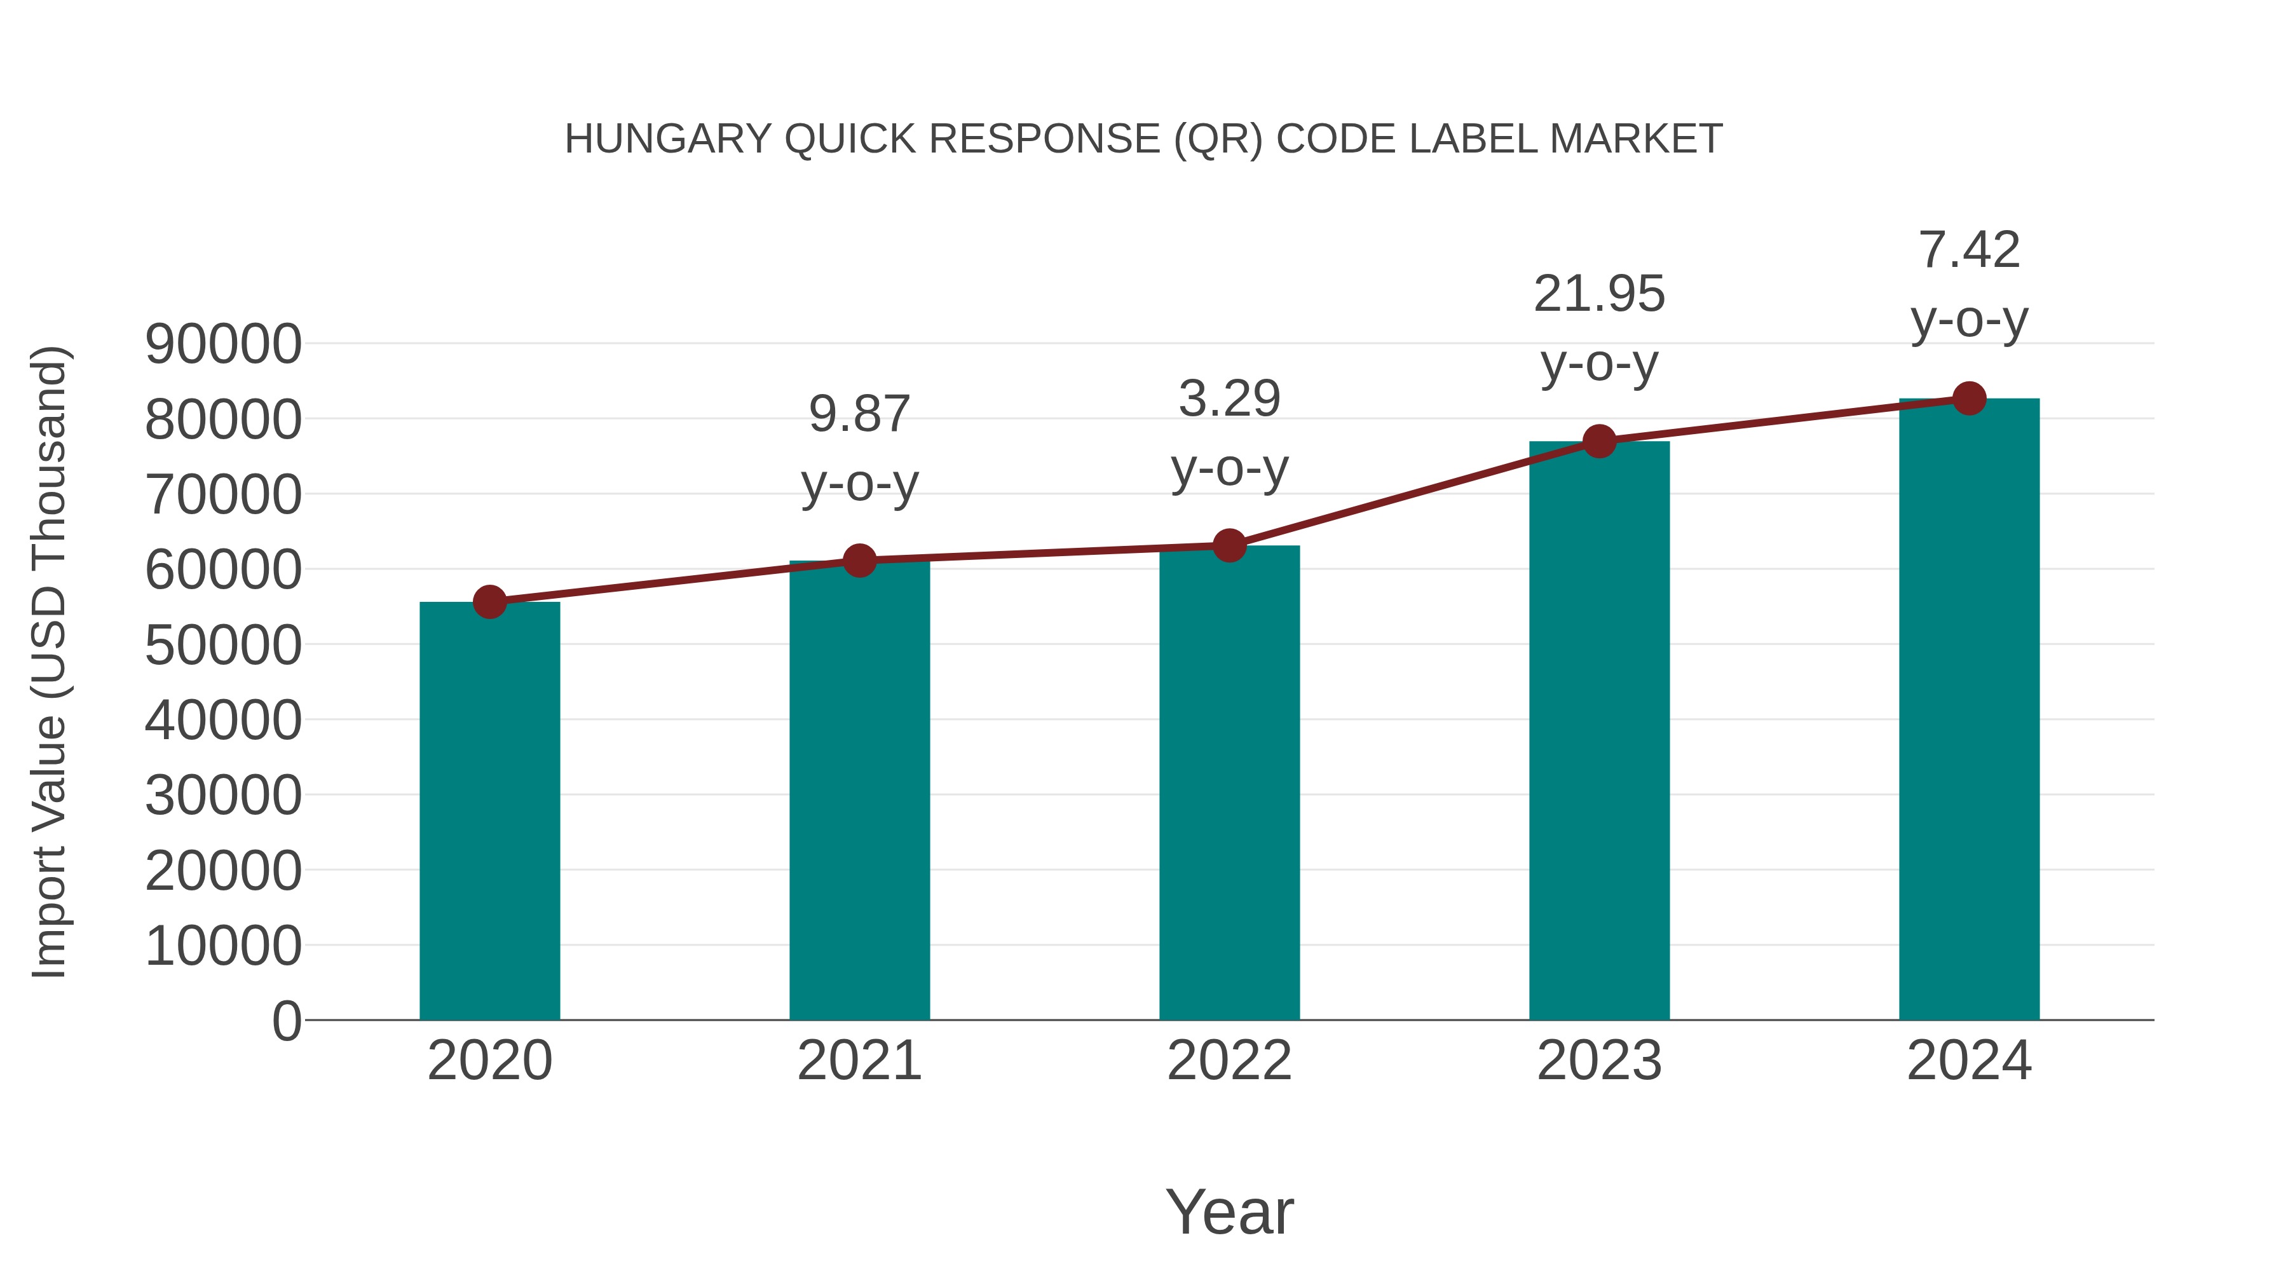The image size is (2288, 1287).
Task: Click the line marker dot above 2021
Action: click(x=859, y=561)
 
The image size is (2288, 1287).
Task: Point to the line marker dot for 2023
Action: click(x=1599, y=442)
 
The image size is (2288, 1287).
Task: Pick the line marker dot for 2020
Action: click(x=489, y=603)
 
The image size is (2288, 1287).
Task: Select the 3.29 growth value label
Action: click(x=1229, y=398)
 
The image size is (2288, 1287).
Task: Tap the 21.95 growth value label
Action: click(x=1599, y=294)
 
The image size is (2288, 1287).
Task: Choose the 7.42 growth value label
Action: click(x=1969, y=250)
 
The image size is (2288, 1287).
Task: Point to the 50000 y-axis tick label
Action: click(x=223, y=646)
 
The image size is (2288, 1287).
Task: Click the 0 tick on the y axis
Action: click(x=286, y=1021)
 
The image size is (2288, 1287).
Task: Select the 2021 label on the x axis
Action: click(x=859, y=1061)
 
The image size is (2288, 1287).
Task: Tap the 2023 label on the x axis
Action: click(x=1599, y=1061)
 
